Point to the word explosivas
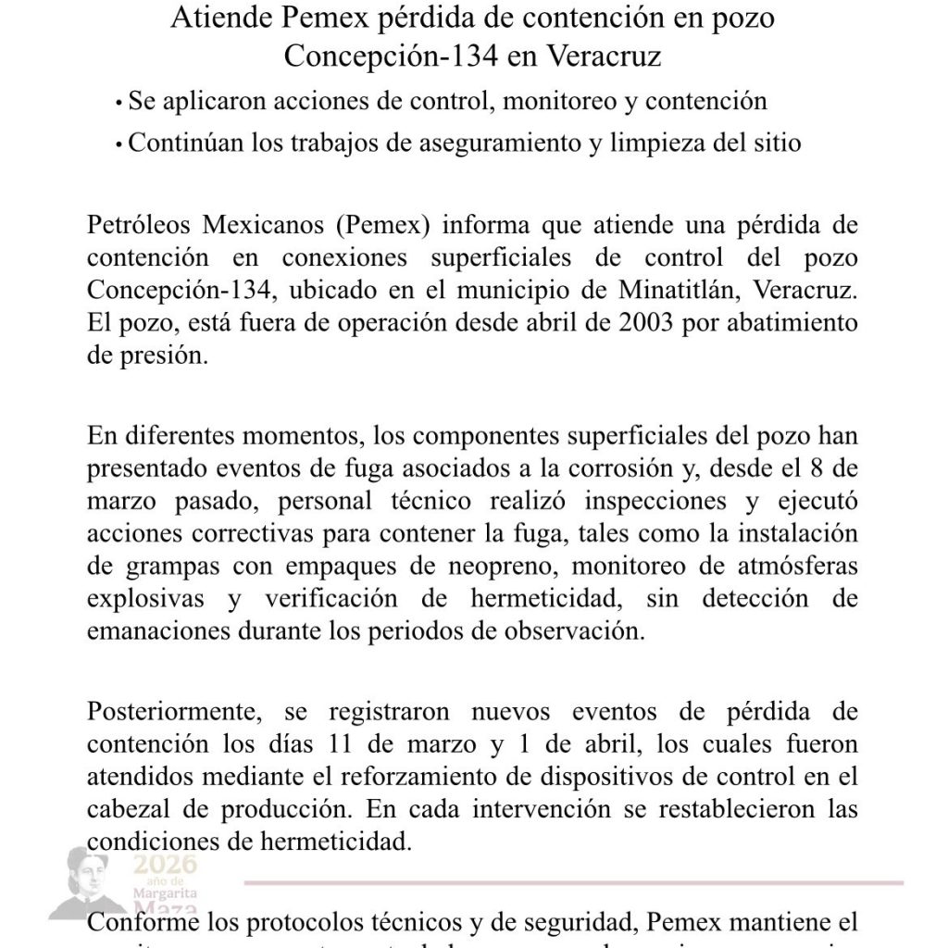click(146, 599)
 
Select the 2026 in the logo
click(166, 865)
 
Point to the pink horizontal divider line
click(574, 882)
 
